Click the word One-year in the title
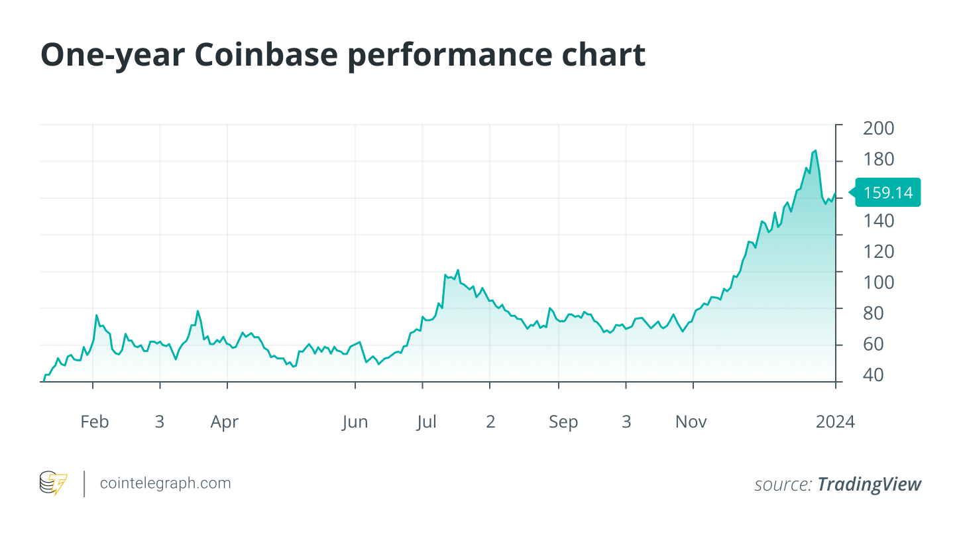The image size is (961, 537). tap(111, 56)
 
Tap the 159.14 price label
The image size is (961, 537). tap(888, 193)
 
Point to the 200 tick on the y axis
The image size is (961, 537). tap(878, 129)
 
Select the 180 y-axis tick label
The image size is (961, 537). tap(878, 160)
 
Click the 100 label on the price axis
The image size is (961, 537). tap(878, 282)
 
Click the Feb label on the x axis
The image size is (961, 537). tap(94, 422)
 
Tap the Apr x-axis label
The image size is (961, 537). tap(225, 422)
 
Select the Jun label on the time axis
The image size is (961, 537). tap(355, 422)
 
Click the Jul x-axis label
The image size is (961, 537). tap(426, 422)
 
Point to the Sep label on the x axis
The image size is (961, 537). tap(563, 422)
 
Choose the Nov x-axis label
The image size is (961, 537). tap(691, 422)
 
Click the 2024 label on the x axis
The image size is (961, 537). tap(835, 422)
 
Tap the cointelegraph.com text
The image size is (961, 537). tap(165, 483)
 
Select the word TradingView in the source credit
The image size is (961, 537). tap(869, 485)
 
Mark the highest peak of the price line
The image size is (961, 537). tap(815, 150)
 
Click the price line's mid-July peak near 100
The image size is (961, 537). tap(457, 270)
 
